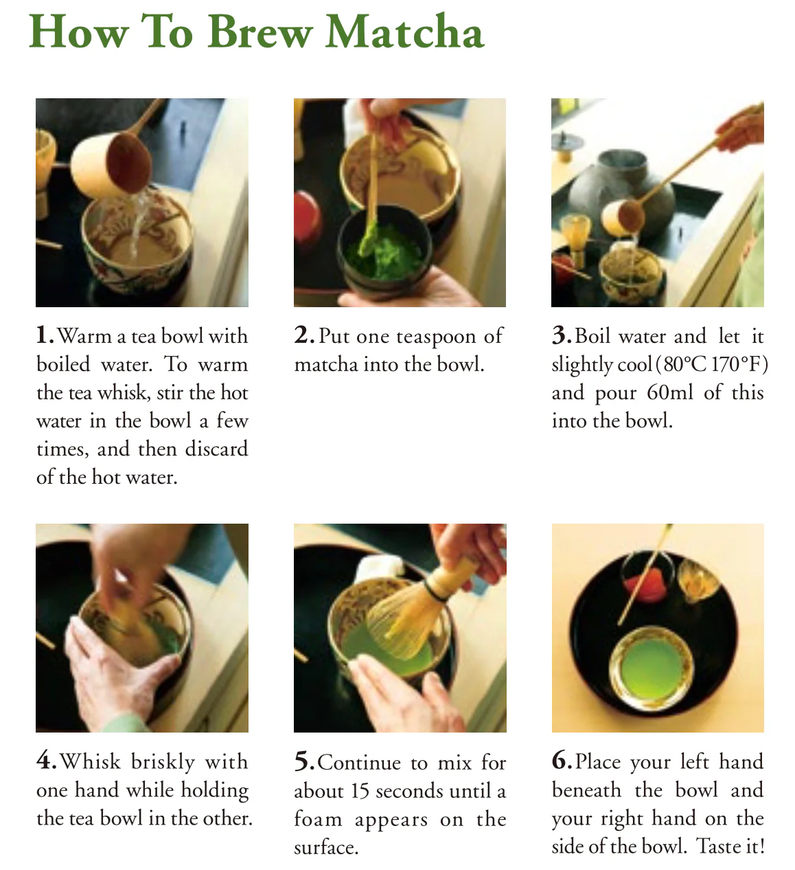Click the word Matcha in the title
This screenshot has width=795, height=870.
405,32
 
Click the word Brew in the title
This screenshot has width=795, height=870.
260,32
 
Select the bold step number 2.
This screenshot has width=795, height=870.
304,335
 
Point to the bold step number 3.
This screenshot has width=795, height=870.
562,335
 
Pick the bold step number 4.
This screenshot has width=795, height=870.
47,761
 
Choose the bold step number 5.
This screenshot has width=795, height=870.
304,762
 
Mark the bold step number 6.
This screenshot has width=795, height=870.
562,761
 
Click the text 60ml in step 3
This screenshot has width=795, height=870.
670,392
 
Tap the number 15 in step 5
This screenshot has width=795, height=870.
360,791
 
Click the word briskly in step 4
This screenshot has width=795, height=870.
163,763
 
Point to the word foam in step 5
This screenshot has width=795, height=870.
318,818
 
